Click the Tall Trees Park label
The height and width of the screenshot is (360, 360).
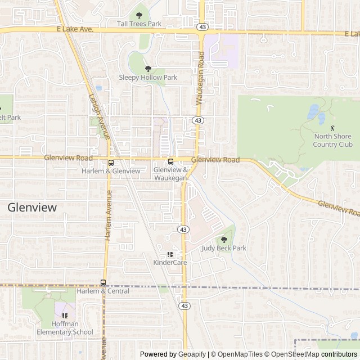139,24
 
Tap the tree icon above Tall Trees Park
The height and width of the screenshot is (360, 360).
139,15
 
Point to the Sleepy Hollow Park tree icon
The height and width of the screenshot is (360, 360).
148,69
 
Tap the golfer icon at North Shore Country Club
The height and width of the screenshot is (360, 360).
332,127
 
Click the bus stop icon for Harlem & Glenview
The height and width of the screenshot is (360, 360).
111,163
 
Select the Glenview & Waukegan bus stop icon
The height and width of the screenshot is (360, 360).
170,161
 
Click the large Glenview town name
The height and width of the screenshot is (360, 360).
33,207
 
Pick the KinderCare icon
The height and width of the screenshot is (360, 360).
170,254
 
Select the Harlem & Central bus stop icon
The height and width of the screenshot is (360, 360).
103,282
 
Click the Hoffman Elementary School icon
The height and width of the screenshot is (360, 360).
65,316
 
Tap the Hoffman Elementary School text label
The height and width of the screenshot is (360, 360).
65,328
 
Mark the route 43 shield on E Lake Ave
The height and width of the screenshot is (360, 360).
201,26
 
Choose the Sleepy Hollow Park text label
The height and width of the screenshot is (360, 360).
148,78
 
